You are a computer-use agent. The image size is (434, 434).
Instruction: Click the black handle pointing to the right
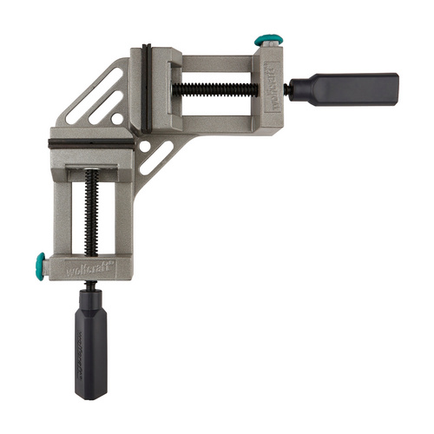click(x=356, y=87)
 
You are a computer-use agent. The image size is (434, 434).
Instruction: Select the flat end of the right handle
click(x=397, y=87)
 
